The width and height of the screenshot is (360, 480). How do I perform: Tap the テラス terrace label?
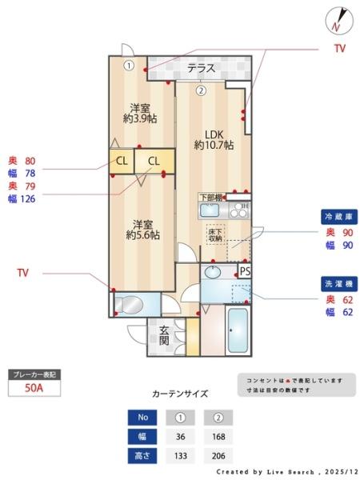(202, 69)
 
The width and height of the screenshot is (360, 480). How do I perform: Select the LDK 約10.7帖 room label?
(214, 139)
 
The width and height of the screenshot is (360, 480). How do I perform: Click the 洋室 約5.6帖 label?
(142, 229)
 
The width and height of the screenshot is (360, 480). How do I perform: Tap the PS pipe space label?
(245, 272)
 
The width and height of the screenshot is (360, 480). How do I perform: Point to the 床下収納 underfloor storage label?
(216, 234)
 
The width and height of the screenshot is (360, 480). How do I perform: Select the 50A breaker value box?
(34, 389)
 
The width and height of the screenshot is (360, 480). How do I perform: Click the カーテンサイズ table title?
(180, 394)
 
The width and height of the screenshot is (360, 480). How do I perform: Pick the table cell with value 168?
(217, 436)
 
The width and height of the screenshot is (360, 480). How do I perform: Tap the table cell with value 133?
(180, 456)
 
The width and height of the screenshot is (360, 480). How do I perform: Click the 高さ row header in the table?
(141, 456)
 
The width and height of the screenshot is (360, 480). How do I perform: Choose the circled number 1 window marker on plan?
(128, 66)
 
